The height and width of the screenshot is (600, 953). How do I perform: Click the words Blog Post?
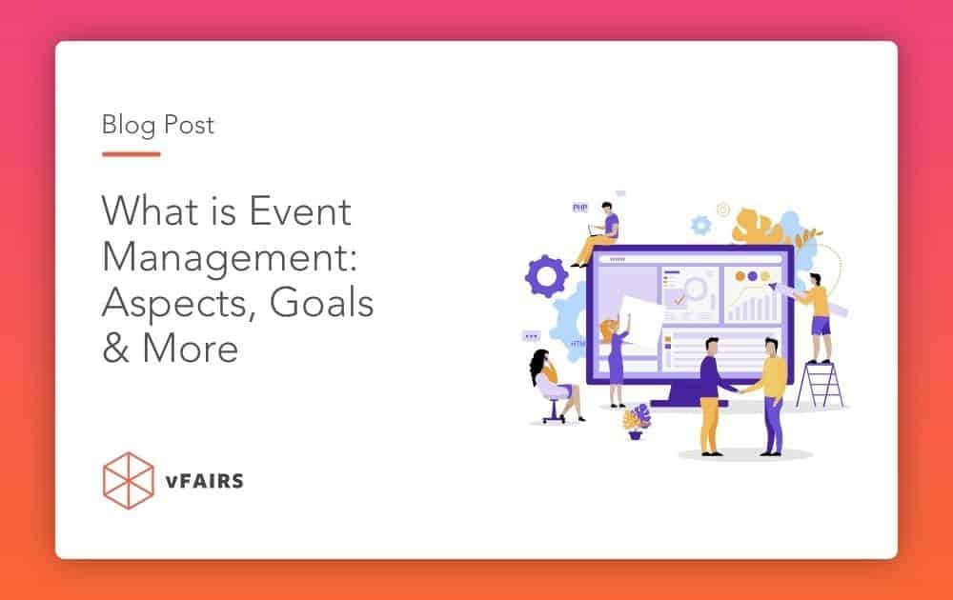(158, 125)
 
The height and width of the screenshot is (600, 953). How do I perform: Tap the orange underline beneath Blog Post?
(131, 153)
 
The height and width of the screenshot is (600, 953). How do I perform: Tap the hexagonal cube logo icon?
(127, 479)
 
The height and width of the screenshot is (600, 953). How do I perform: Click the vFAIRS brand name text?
(203, 480)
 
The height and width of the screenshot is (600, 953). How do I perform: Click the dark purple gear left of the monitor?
(546, 275)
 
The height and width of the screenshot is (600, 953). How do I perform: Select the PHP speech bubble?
(579, 207)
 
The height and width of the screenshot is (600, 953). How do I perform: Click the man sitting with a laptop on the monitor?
(600, 232)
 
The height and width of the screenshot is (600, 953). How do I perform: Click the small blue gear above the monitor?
(701, 225)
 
